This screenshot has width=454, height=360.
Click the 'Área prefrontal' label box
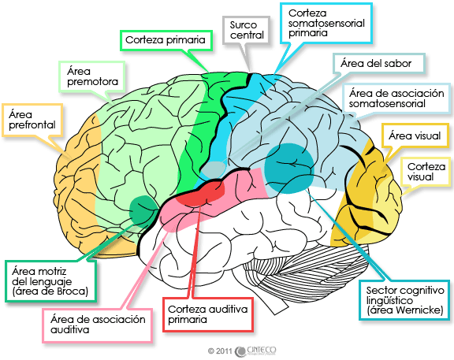point(29,120)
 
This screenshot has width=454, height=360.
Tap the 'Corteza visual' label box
point(426,173)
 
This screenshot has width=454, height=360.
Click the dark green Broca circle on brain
point(145,210)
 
